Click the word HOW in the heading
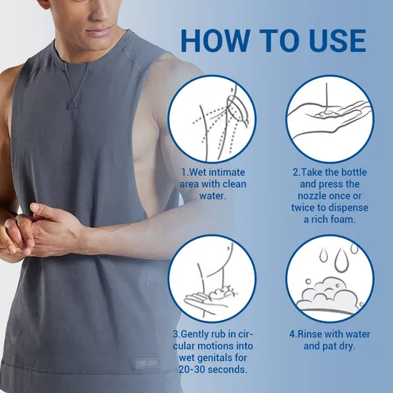coord(215,41)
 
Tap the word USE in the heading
coord(337,41)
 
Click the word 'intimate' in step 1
coord(227,172)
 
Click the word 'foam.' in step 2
coord(343,219)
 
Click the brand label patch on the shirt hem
coord(148,363)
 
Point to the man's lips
coord(99,32)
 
